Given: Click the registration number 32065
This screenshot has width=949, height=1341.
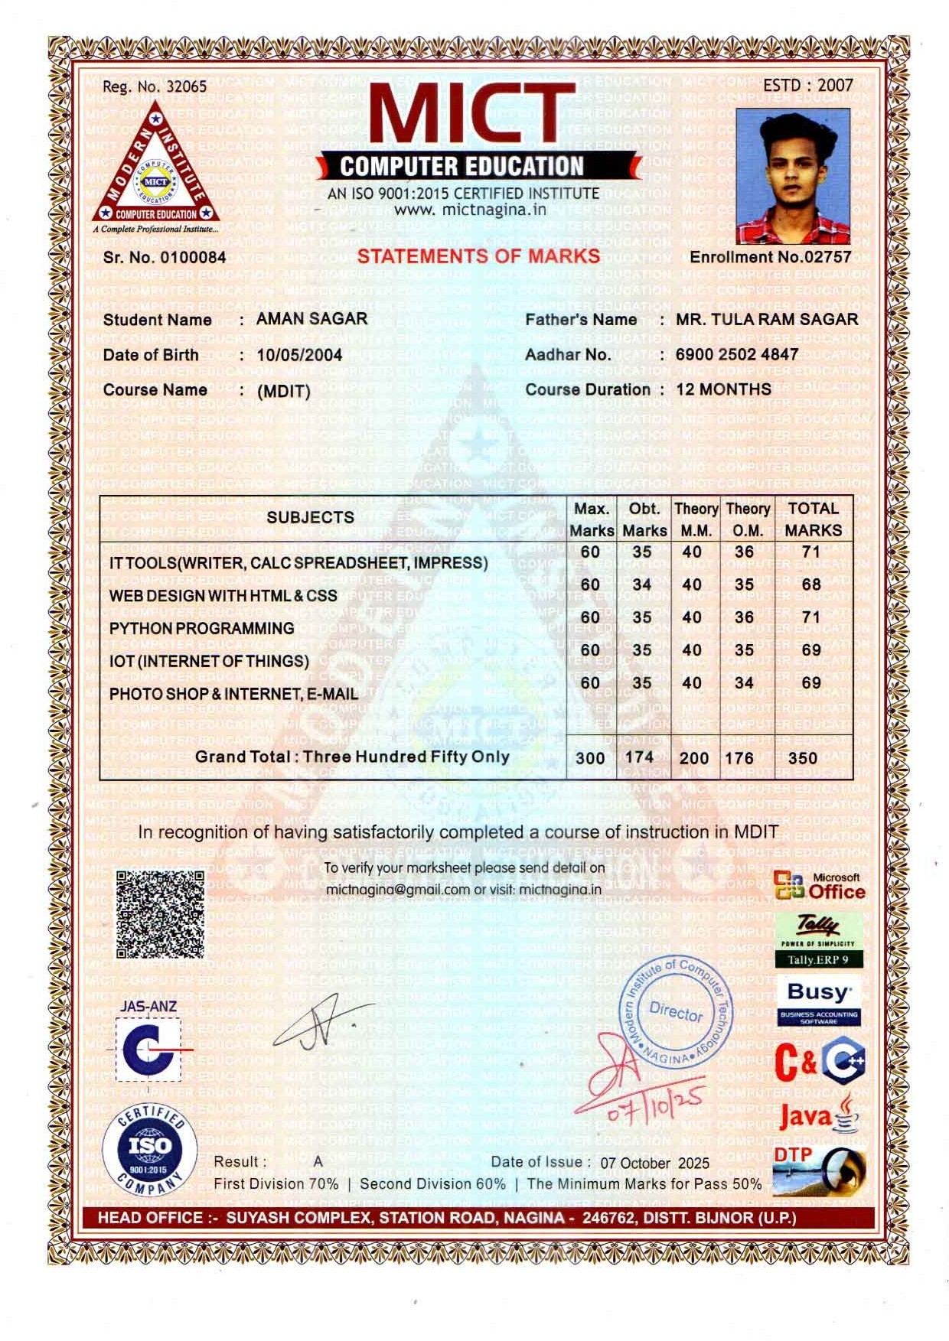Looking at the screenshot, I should tap(186, 86).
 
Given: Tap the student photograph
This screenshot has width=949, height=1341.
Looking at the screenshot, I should tap(793, 177).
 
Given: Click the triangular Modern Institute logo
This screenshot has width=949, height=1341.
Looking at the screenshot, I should tap(155, 168).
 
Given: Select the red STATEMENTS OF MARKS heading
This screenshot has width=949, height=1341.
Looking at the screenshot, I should tap(478, 256).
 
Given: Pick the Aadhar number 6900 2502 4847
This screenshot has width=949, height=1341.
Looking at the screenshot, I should tap(736, 355).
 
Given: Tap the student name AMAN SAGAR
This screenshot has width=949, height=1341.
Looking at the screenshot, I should tap(311, 319).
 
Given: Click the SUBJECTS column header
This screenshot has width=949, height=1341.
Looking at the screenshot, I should tap(310, 517).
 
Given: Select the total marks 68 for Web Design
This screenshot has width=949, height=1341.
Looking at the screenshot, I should tap(810, 584).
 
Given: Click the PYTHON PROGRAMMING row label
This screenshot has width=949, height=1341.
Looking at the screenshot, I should tap(201, 629).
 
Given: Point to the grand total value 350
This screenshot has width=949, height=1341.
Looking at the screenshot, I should tap(802, 758).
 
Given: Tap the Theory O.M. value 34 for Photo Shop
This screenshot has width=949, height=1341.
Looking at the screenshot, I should tap(743, 683).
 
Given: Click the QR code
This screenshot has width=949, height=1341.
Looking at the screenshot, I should tap(160, 914).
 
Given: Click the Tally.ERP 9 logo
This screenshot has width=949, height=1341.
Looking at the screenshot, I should tap(818, 941).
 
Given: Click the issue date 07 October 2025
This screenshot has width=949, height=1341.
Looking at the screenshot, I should tap(654, 1163).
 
